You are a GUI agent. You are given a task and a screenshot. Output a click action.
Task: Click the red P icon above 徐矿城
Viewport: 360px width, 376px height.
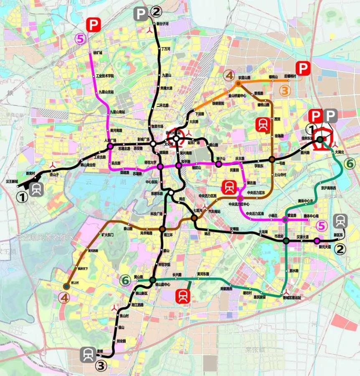click(92, 25)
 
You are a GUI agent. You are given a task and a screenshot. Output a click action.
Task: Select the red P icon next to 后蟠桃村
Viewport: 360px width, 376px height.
click(303, 68)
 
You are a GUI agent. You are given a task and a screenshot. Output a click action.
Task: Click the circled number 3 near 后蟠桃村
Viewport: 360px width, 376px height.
click(285, 90)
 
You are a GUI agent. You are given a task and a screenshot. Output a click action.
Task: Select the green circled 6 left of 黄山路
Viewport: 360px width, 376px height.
click(125, 280)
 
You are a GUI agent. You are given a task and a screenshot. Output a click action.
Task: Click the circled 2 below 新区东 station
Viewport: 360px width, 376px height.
click(340, 249)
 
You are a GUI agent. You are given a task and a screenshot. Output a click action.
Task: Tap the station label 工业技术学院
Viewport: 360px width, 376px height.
click(105, 76)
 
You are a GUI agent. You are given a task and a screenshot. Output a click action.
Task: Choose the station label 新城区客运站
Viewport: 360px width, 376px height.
click(292, 298)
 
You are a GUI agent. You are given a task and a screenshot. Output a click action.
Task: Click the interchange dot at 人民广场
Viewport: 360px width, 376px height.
click(110, 146)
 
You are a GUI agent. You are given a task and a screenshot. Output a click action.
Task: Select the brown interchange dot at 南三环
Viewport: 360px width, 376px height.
click(162, 229)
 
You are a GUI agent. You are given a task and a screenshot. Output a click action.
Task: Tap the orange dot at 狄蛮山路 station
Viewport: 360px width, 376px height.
click(238, 83)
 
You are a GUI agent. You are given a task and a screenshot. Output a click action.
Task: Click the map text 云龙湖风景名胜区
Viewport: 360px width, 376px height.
click(44, 237)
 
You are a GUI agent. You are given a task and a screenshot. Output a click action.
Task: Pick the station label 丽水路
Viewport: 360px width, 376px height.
click(294, 271)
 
